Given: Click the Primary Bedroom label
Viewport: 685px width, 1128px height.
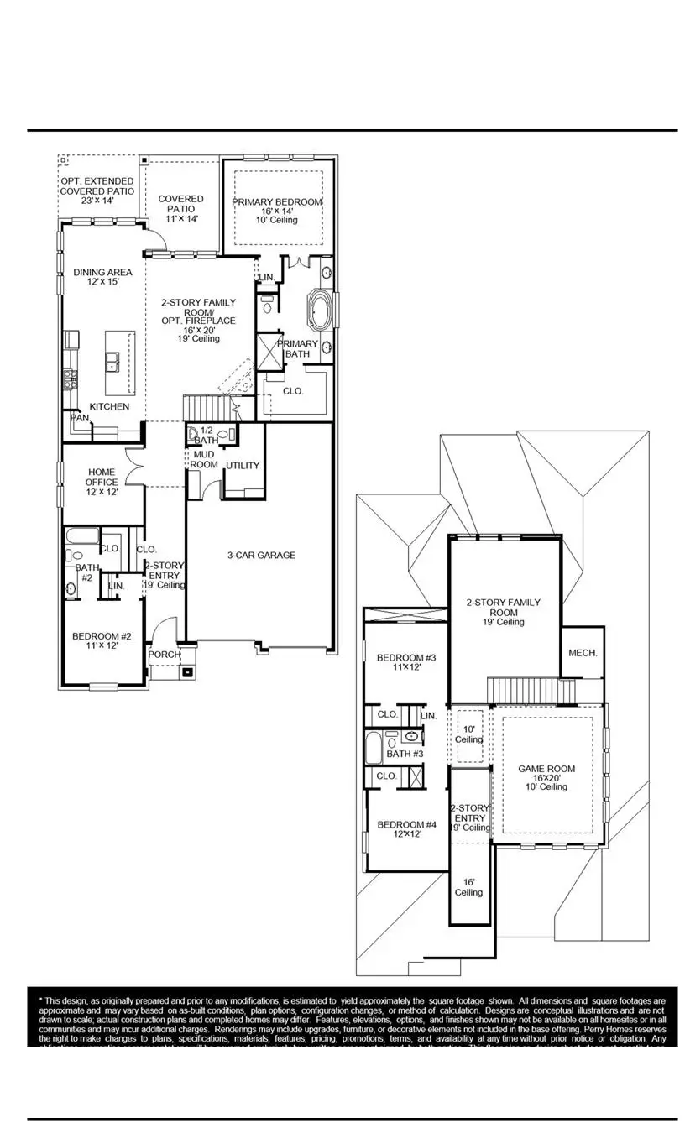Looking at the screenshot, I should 277,202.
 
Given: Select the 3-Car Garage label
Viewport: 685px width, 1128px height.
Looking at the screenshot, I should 261,555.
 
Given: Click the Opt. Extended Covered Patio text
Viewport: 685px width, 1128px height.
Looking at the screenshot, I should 97,191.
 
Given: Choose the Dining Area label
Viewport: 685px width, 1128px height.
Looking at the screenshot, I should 102,277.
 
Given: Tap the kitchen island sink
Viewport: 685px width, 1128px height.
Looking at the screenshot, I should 112,362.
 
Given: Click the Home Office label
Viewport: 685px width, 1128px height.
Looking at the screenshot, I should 101,482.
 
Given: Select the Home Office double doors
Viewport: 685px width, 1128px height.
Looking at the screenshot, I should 134,467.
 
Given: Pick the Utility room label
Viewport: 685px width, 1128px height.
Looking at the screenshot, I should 243,466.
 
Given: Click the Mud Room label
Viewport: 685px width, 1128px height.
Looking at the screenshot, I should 204,459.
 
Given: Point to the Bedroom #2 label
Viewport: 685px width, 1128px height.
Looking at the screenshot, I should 102,640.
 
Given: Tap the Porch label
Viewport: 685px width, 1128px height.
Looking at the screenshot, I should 165,655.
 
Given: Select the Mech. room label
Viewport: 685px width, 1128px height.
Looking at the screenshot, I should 583,652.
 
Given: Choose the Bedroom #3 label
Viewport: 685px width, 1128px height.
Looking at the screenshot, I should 405,661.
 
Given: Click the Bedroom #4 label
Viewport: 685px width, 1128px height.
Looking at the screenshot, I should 405,828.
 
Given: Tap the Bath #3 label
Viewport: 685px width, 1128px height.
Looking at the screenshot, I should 405,754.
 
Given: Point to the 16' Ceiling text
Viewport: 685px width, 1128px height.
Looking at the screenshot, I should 468,887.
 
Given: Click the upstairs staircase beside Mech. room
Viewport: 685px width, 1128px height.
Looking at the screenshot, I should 531,692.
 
